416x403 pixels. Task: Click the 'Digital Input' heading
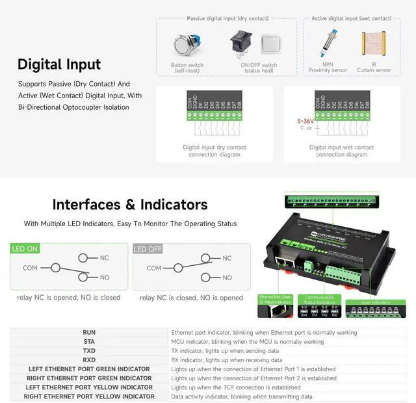pos(59,64)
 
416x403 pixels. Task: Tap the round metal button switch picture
pos(187,45)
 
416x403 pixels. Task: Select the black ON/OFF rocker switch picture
pos(241,43)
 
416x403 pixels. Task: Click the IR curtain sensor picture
pos(374,43)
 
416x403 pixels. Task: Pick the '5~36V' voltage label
pos(305,121)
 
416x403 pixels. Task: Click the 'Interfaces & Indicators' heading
pos(130,205)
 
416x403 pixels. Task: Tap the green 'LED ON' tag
pos(25,249)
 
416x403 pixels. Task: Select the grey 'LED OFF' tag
pos(148,249)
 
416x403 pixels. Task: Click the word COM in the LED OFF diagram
pos(154,268)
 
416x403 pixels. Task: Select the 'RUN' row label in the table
pos(89,332)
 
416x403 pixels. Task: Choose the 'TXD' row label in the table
pos(89,350)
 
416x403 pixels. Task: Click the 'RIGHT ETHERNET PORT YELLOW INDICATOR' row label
pos(89,396)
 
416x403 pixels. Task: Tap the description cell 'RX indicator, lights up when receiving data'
pos(226,359)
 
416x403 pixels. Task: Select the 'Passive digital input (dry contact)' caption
pos(226,19)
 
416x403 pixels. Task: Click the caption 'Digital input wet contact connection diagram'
pos(341,151)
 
